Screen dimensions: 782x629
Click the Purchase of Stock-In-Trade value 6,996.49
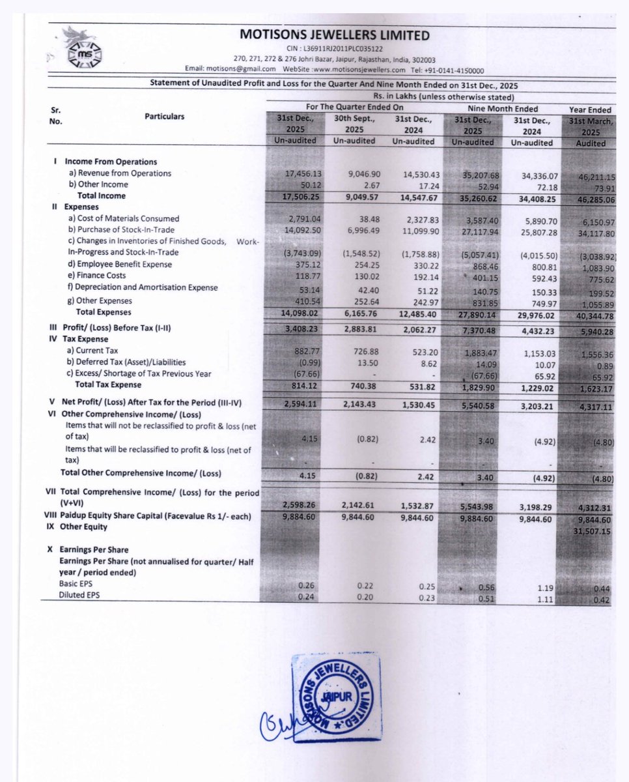[356, 230]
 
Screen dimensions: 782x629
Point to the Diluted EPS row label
[81, 596]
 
